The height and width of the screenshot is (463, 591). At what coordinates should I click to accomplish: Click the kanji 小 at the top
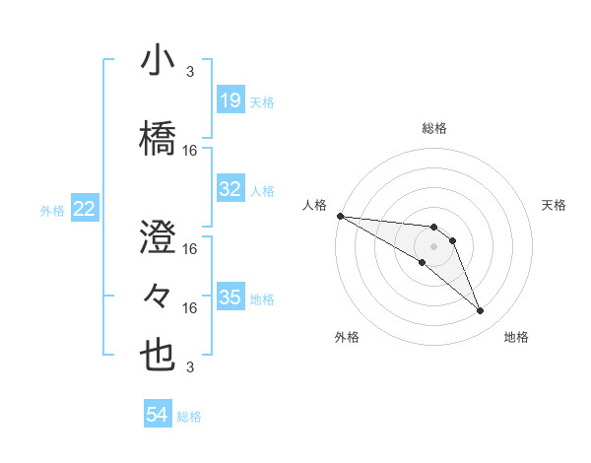tap(158, 61)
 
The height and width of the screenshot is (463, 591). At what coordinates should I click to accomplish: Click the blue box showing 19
tap(230, 100)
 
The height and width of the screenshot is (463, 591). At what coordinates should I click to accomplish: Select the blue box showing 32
tap(230, 189)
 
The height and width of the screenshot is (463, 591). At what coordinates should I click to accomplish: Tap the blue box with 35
tap(230, 298)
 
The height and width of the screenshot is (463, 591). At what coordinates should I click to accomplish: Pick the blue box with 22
tap(85, 209)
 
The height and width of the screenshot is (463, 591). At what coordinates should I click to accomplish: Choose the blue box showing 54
tap(158, 416)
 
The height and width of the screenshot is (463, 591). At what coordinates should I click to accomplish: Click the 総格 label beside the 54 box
tap(189, 417)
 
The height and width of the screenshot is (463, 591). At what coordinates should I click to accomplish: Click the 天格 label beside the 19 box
tap(262, 101)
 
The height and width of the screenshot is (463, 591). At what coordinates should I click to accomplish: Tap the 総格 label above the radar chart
tap(433, 128)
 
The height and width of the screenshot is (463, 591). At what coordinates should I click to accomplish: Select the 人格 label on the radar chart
tap(314, 205)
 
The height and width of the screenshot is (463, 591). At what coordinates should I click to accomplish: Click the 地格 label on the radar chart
tap(516, 338)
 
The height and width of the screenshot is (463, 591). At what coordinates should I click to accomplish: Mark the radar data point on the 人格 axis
tap(340, 215)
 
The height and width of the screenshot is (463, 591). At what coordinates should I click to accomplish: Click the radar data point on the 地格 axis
tap(480, 311)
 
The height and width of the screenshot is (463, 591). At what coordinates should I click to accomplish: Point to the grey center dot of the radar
tap(433, 246)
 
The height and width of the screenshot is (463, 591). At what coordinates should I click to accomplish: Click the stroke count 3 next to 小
tap(189, 72)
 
